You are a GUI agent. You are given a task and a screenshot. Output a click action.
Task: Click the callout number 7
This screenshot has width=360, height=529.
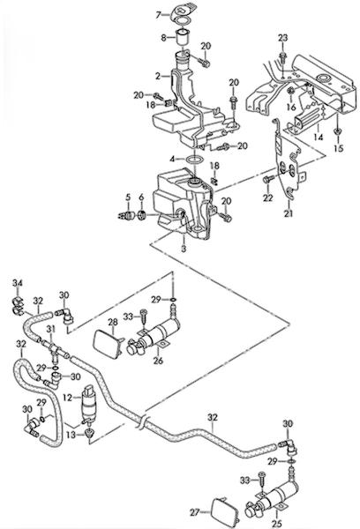point(158,14)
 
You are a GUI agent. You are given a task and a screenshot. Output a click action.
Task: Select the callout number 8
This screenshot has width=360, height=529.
point(163,37)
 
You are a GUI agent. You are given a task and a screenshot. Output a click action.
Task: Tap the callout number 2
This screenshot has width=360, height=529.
point(158,76)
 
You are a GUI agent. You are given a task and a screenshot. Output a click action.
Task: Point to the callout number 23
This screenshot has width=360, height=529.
point(283,38)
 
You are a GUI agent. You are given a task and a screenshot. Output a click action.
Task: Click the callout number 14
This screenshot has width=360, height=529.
point(319,138)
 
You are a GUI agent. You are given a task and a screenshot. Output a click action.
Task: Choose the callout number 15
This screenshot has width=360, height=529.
point(339,148)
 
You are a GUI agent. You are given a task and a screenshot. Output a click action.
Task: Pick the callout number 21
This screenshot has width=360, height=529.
point(288,213)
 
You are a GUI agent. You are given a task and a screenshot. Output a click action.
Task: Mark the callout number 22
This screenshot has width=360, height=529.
point(268,198)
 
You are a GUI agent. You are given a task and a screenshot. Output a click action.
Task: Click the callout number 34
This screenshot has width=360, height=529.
point(18,283)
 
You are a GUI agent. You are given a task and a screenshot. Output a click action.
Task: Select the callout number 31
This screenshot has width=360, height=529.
point(50,328)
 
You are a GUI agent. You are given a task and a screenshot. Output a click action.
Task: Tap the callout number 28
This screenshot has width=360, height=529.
point(113,322)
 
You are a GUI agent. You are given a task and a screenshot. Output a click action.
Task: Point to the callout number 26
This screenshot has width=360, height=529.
point(158,361)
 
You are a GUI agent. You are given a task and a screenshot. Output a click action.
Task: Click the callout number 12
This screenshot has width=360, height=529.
point(68,398)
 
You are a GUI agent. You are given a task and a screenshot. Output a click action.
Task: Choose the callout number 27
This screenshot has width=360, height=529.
point(195,512)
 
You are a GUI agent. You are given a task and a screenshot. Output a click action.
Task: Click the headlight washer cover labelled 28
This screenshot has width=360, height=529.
point(106,344)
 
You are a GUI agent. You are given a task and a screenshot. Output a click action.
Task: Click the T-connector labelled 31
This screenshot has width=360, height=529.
point(53,347)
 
